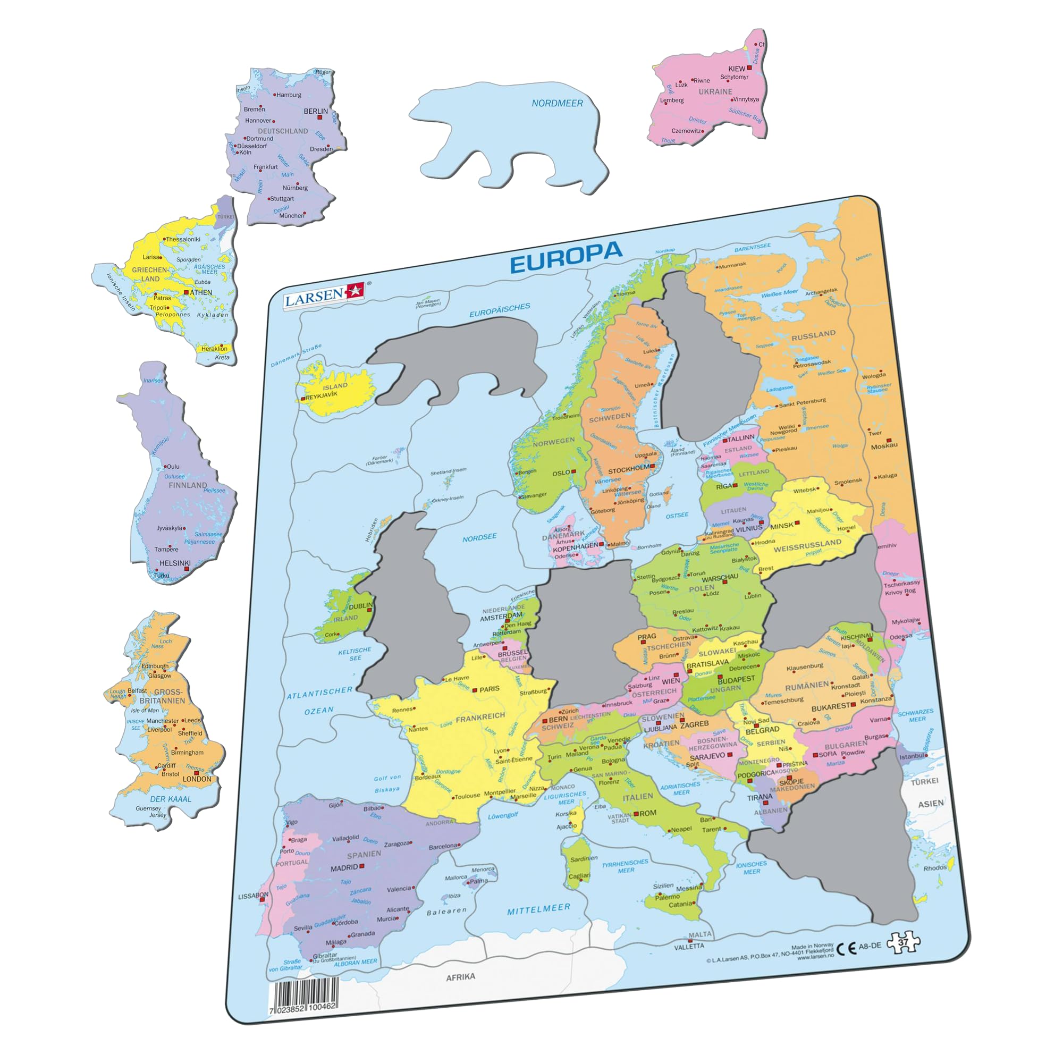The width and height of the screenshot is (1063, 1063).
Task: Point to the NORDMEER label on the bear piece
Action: pyautogui.click(x=557, y=103)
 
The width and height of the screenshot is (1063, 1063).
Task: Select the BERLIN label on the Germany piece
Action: pyautogui.click(x=315, y=111)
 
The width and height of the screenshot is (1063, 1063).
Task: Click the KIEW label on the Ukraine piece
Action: pyautogui.click(x=736, y=69)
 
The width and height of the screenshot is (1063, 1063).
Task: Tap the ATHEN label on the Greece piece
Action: pyautogui.click(x=201, y=292)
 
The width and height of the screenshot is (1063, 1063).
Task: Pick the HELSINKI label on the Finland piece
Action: pyautogui.click(x=174, y=563)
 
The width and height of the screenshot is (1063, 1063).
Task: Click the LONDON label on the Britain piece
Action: pyautogui.click(x=197, y=779)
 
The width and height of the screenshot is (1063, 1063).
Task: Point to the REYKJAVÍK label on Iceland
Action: pyautogui.click(x=322, y=395)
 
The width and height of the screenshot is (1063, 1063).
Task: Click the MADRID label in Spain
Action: pyautogui.click(x=344, y=868)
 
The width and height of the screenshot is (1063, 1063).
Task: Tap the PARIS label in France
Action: pyautogui.click(x=489, y=689)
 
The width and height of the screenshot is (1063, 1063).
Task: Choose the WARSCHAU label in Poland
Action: pyautogui.click(x=720, y=578)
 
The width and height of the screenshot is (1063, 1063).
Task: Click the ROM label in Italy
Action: pyautogui.click(x=647, y=813)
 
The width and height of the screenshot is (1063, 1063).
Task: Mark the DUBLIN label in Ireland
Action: pyautogui.click(x=360, y=606)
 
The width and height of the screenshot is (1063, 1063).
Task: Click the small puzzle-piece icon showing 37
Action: pyautogui.click(x=903, y=942)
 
